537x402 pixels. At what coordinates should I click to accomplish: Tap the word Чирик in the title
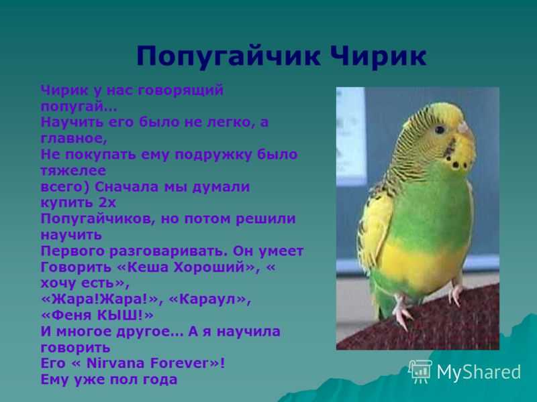(x=379, y=56)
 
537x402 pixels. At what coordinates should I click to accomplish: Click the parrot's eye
(x=440, y=129)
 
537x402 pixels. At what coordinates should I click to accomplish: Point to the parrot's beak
(x=465, y=129)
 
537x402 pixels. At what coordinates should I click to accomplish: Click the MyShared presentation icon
(x=420, y=372)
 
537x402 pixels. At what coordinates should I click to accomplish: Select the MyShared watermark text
(x=479, y=372)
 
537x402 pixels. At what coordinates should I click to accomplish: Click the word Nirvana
(x=115, y=363)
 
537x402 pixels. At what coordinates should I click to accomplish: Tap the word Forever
(x=180, y=363)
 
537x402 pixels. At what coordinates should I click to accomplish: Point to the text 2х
(x=107, y=203)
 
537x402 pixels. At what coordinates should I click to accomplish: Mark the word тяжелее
(x=73, y=171)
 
